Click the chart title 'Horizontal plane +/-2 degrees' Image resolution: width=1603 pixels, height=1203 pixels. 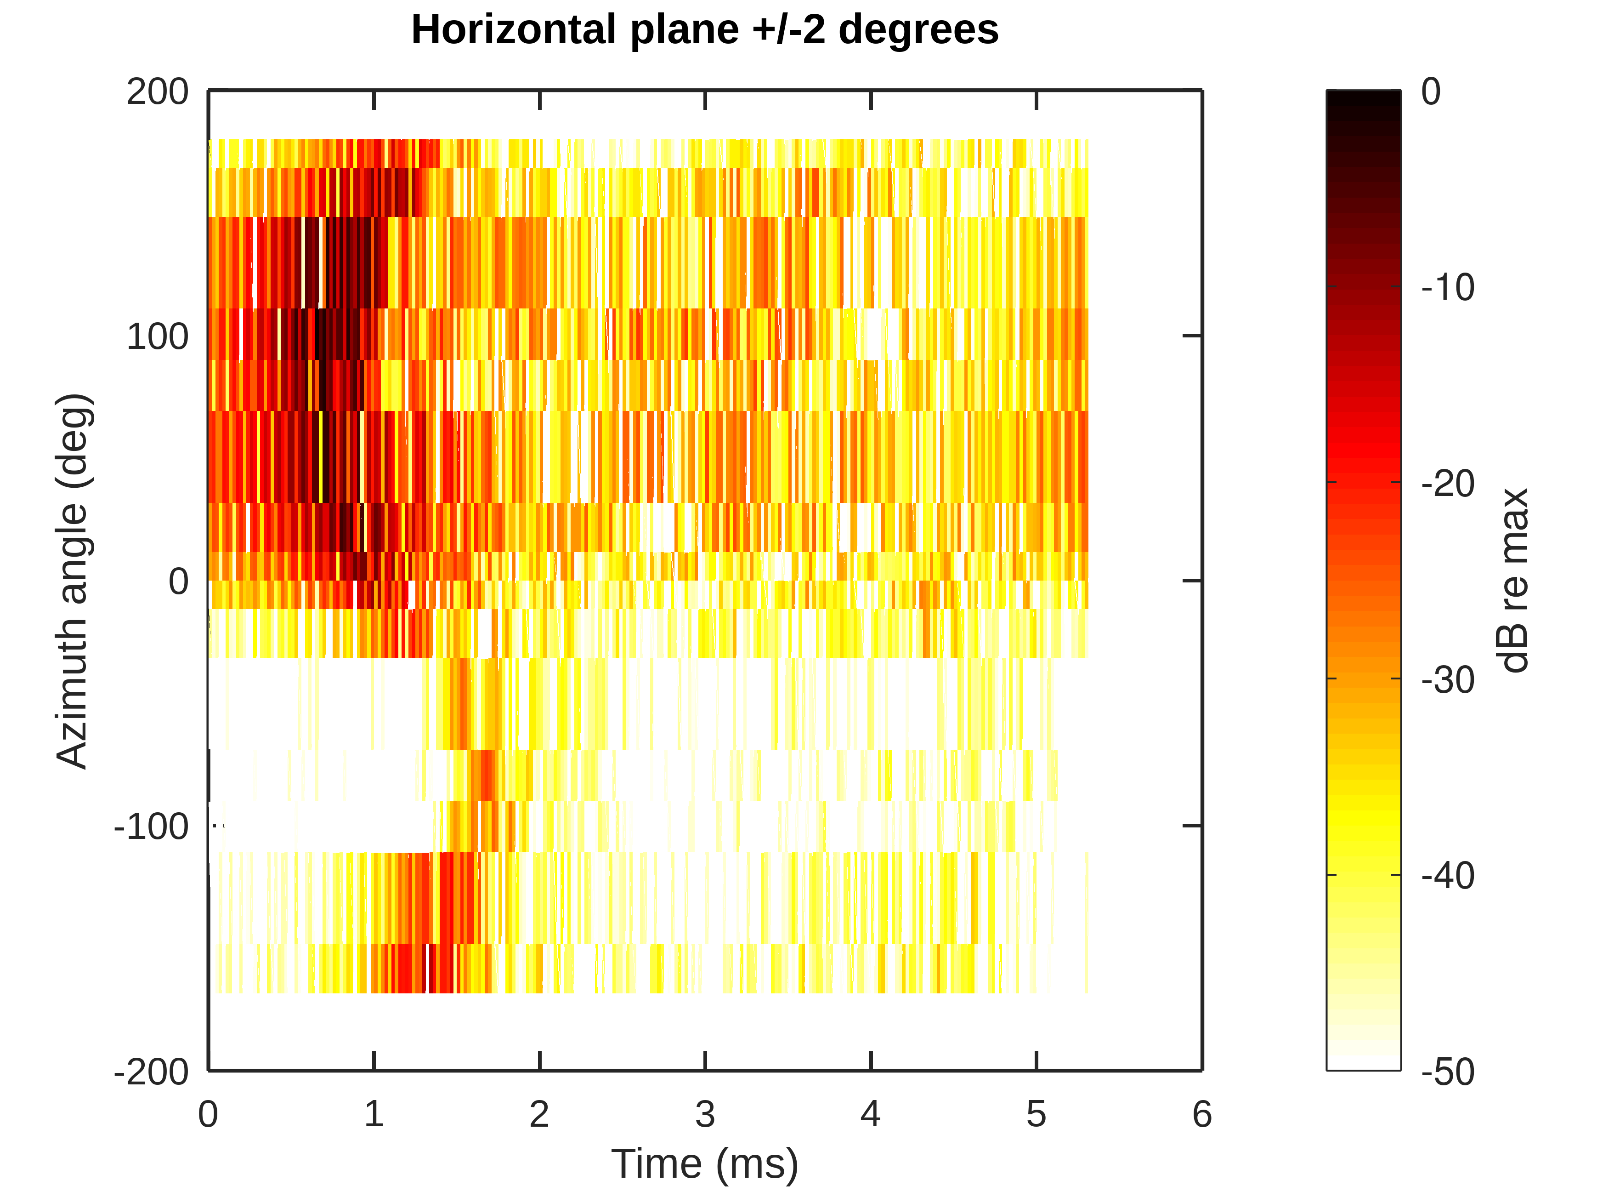point(704,30)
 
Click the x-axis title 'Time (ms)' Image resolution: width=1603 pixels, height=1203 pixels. point(704,1164)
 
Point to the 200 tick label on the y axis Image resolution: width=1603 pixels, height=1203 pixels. point(157,92)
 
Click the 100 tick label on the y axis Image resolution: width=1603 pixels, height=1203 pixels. point(157,336)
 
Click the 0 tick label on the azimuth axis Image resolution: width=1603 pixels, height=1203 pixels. point(178,582)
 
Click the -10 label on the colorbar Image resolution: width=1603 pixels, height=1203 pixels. point(1447,288)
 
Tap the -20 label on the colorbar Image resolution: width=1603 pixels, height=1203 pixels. point(1447,484)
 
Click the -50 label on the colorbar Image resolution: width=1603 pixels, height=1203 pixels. point(1447,1072)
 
